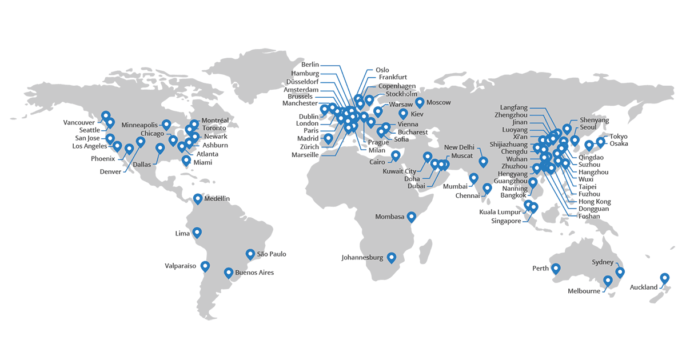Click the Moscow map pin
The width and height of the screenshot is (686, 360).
(x=420, y=102)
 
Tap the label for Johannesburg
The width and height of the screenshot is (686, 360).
(x=362, y=258)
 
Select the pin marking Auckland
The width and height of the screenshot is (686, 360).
(x=664, y=278)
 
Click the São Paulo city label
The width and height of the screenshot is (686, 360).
(x=272, y=254)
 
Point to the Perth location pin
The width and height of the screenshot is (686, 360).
(x=556, y=269)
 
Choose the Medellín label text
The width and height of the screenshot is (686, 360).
(x=217, y=198)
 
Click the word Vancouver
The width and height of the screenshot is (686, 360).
(x=79, y=122)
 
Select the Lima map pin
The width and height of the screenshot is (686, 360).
(x=197, y=232)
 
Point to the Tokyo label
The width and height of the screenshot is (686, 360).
(x=619, y=137)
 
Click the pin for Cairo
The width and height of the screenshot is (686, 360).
(x=395, y=155)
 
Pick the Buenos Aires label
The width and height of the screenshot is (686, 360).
(x=254, y=273)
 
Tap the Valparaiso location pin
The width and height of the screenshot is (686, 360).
(x=205, y=266)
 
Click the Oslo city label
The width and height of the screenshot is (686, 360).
(x=382, y=70)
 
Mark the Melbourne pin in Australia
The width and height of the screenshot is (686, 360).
(x=608, y=281)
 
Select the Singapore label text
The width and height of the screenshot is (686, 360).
(x=506, y=221)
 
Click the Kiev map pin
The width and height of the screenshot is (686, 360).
(x=403, y=114)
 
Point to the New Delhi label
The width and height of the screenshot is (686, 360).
(x=460, y=147)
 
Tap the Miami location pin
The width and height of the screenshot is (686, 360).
(x=186, y=160)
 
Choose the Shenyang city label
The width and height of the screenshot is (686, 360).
(x=595, y=120)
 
